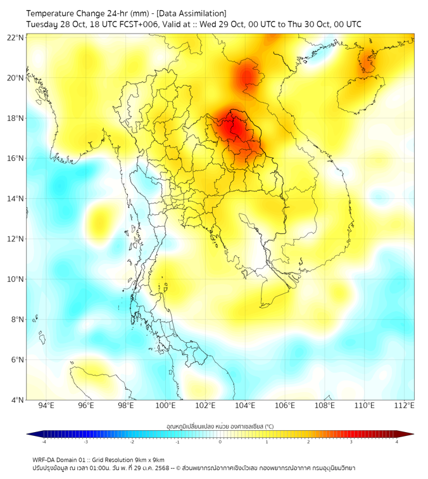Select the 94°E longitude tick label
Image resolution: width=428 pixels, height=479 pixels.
point(46,406)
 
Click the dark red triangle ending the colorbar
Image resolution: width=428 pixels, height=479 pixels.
point(409,434)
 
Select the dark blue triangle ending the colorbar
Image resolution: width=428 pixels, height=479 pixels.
point(30,434)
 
